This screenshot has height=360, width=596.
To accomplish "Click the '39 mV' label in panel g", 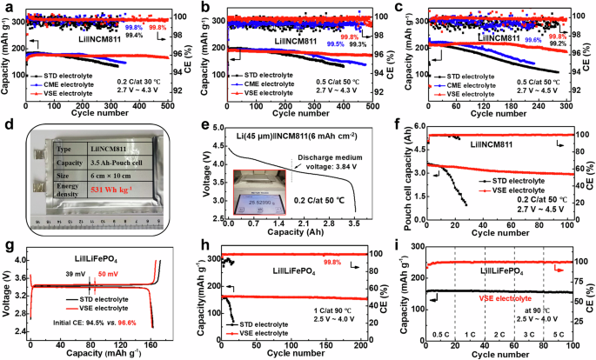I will [75, 274].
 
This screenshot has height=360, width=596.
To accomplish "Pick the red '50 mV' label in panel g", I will [108, 274].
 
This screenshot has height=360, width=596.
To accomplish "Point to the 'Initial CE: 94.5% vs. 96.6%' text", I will [79, 321].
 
